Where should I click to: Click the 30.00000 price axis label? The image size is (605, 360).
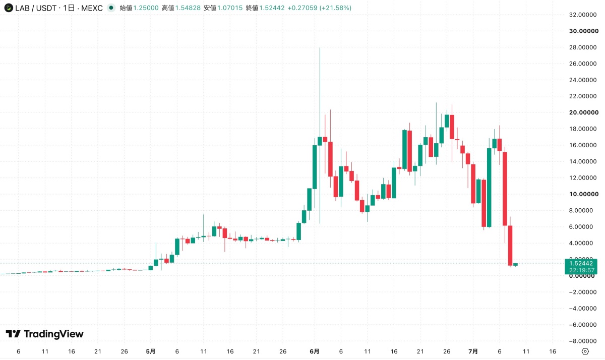[584, 31]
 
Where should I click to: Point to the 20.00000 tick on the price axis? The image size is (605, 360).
[584, 112]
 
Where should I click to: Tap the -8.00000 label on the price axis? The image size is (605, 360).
[583, 341]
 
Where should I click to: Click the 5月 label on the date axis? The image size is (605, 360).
[150, 351]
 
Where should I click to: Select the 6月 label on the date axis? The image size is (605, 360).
[315, 351]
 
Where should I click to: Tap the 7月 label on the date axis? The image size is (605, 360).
[473, 351]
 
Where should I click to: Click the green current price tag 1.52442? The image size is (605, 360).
[581, 267]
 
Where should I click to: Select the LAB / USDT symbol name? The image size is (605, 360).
[36, 8]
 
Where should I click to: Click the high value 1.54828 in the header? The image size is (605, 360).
[188, 8]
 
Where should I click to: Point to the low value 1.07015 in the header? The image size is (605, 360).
[230, 8]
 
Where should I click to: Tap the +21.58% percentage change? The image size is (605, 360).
[335, 8]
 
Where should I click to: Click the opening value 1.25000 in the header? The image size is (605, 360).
[146, 8]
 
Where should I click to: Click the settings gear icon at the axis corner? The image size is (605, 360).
[585, 351]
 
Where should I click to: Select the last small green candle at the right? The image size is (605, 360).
[515, 264]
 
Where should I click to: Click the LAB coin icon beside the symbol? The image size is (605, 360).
[9, 8]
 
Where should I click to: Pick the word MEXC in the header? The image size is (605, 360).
[92, 8]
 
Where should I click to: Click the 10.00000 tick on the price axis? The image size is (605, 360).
[584, 194]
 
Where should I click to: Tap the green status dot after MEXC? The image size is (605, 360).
[111, 8]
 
